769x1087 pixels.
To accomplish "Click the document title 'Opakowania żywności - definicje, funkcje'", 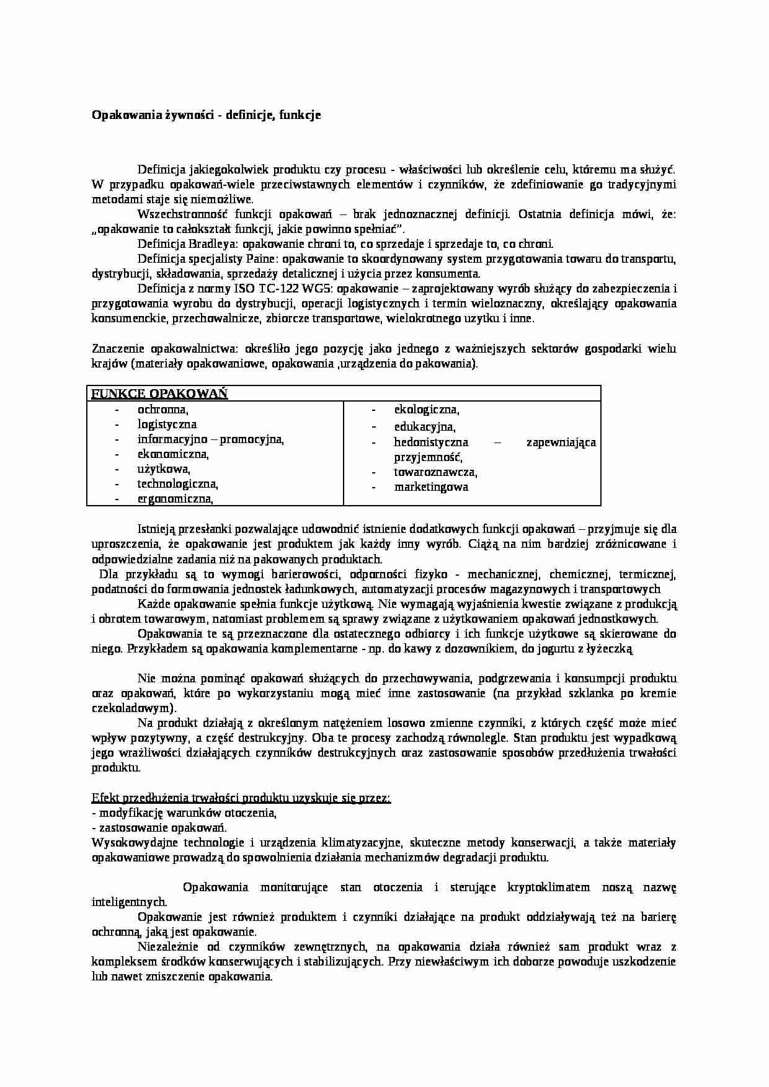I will point(206,115).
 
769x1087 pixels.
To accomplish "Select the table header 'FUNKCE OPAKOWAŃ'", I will point(159,394).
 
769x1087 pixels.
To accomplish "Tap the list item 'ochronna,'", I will point(162,410).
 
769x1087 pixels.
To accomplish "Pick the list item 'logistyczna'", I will point(167,425).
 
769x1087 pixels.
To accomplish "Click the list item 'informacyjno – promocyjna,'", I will point(210,439).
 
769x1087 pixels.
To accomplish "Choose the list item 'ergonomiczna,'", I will point(175,499).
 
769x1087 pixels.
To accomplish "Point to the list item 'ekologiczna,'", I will point(427,410).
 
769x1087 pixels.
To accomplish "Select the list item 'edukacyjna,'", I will point(425,427).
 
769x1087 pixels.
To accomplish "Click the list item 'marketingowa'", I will point(431,487).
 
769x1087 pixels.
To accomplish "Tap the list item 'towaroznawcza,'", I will point(435,472).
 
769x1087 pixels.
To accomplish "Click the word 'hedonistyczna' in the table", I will point(431,442).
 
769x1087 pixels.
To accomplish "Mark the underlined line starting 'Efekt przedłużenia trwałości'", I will point(241,798).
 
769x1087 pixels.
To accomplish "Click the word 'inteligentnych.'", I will point(129,902).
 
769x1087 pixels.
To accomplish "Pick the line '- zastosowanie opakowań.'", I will point(159,827).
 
